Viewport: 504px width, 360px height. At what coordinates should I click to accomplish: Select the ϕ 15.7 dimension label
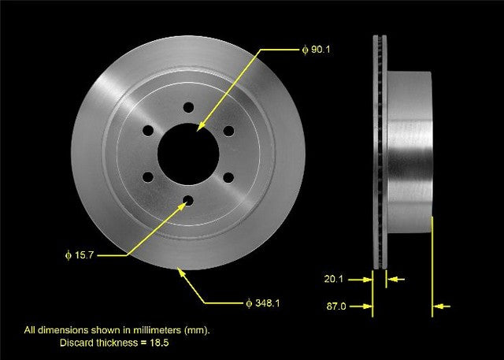pyautogui.click(x=80, y=256)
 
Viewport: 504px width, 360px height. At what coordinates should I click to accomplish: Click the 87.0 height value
pyautogui.click(x=336, y=305)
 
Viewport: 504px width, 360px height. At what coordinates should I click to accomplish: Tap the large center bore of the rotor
pyautogui.click(x=187, y=150)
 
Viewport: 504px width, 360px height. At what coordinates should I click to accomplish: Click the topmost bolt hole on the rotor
pyautogui.click(x=187, y=107)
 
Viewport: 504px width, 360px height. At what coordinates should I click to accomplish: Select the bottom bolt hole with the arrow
pyautogui.click(x=187, y=201)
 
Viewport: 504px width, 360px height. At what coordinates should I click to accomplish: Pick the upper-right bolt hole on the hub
pyautogui.click(x=228, y=130)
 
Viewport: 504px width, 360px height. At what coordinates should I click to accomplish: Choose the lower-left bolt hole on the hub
pyautogui.click(x=147, y=177)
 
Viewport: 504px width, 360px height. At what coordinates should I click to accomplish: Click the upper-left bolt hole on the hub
pyautogui.click(x=147, y=130)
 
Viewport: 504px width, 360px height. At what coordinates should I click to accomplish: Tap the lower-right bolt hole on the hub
pyautogui.click(x=228, y=177)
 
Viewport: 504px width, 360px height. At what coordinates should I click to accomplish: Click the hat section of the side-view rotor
pyautogui.click(x=409, y=150)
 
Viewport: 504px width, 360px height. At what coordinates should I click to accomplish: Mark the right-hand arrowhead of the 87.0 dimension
pyautogui.click(x=438, y=306)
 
